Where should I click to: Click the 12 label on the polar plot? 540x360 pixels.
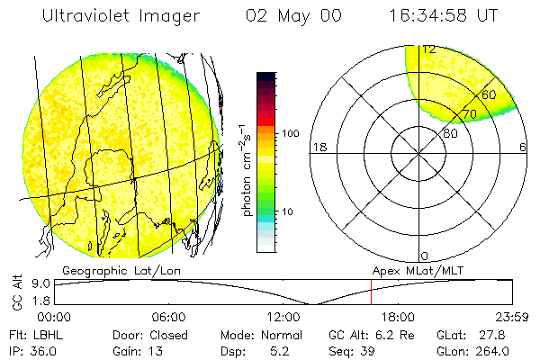pyautogui.click(x=428, y=49)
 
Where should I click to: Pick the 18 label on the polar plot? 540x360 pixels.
pyautogui.click(x=318, y=148)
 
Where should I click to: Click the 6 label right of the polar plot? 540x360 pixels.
pyautogui.click(x=523, y=148)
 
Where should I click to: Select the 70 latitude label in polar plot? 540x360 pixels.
pyautogui.click(x=469, y=114)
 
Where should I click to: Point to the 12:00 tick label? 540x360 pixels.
pyautogui.click(x=283, y=317)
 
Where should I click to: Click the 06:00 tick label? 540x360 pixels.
pyautogui.click(x=169, y=317)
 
